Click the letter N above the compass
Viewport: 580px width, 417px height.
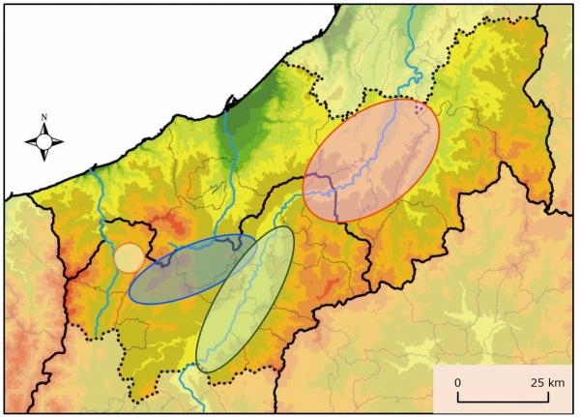click(44, 118)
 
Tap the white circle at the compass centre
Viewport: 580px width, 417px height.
click(44, 142)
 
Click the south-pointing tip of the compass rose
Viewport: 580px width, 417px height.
click(44, 162)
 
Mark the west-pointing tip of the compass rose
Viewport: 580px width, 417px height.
click(25, 142)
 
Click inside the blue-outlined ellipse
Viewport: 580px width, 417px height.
click(174, 276)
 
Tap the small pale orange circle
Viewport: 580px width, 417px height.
click(130, 257)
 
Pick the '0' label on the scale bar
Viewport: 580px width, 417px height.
click(458, 383)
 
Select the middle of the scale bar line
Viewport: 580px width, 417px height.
click(497, 401)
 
